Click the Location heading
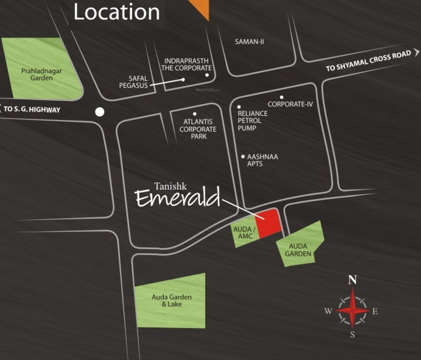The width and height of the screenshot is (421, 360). click(x=117, y=12)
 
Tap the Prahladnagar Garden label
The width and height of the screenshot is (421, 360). click(x=42, y=75)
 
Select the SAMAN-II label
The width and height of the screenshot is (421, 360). click(x=250, y=42)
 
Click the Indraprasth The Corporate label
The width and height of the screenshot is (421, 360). click(x=186, y=65)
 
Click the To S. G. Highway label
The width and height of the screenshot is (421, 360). click(x=32, y=110)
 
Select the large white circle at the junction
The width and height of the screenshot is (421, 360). click(x=100, y=112)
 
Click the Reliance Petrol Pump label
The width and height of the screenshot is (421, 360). click(x=252, y=120)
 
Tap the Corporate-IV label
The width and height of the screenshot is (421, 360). click(x=290, y=104)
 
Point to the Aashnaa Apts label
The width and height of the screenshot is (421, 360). click(x=262, y=160)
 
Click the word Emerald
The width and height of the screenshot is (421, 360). click(x=177, y=198)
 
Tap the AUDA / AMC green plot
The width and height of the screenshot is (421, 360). click(x=244, y=232)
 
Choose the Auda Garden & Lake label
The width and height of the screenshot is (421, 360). click(x=171, y=301)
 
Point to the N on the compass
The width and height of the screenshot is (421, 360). click(x=353, y=280)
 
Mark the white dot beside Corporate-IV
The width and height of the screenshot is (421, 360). click(x=282, y=97)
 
